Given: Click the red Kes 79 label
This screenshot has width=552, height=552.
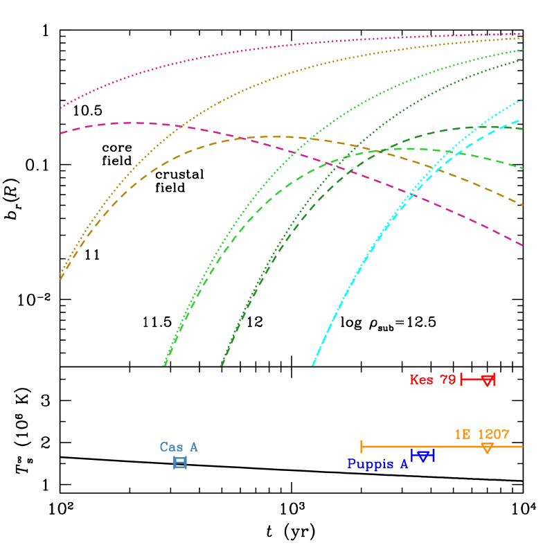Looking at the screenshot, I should point(432,380).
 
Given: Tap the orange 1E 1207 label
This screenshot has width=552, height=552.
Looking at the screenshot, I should point(482,434).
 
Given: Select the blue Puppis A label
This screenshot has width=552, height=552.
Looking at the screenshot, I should point(377,464).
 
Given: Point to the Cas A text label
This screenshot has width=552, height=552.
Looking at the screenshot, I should point(179,447).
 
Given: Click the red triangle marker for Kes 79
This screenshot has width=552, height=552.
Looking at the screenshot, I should point(488,380).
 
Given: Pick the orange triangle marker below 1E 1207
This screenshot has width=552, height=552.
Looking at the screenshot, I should point(487,448).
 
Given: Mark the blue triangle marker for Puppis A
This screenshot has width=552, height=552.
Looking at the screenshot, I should point(423,456).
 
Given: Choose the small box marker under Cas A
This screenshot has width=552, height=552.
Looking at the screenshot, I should point(180,463).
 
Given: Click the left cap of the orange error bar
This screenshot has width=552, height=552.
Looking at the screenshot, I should point(362,447).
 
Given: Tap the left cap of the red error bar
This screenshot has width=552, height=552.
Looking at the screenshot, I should point(461,379).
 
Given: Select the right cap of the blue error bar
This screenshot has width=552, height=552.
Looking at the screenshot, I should point(433,455).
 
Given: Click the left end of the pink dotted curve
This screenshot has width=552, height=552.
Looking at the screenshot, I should point(61,107).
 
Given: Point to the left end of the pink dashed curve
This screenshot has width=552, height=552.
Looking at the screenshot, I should point(61,133).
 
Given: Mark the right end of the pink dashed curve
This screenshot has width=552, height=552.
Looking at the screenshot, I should point(522,245).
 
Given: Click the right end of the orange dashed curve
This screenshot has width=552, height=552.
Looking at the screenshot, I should point(522,205).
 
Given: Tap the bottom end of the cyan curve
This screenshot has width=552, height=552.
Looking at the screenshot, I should point(313,364).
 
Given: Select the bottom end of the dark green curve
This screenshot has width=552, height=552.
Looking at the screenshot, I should point(222,364).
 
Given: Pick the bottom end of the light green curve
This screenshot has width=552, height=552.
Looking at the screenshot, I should point(164,364).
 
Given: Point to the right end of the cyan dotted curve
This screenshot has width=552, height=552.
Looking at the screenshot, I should point(522,99).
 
